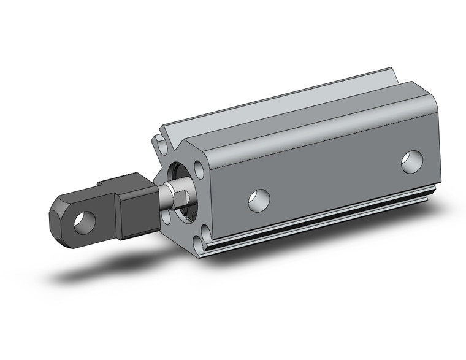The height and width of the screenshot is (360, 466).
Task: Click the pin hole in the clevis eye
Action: click(84, 221)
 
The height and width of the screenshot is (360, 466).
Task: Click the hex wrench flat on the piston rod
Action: click(180, 198)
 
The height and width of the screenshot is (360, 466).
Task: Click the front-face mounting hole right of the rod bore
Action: click(200, 170)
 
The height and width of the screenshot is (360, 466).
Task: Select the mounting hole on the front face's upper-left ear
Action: click(161, 146)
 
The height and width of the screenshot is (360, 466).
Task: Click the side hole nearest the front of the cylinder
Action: click(259, 200)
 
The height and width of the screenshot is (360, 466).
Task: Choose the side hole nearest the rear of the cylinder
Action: click(412, 161)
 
